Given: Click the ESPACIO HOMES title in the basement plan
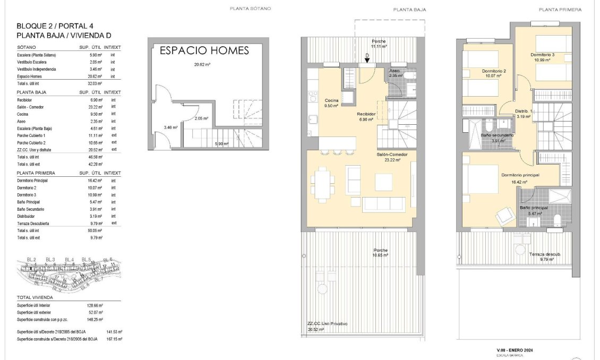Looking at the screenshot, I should pos(204,51).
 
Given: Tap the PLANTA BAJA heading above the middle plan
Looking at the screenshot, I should pos(409,10).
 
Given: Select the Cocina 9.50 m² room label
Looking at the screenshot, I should pos(332,102).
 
